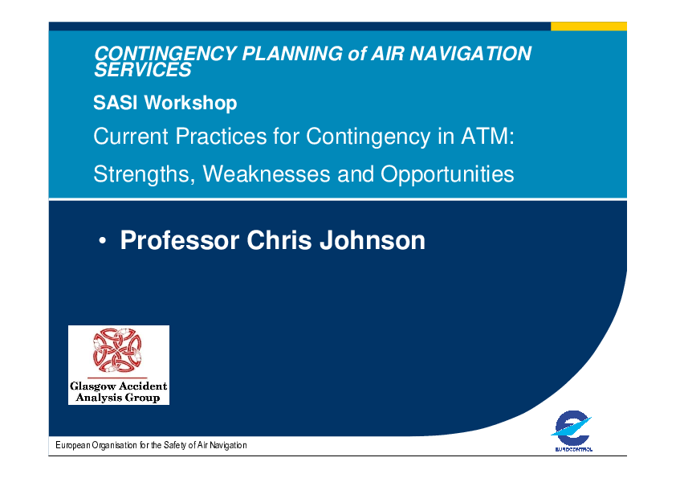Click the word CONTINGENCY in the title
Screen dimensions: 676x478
pyautogui.click(x=165, y=54)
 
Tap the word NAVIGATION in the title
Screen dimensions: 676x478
pyautogui.click(x=470, y=54)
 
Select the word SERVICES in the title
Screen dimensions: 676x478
pyautogui.click(x=143, y=70)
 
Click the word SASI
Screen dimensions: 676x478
pyautogui.click(x=115, y=103)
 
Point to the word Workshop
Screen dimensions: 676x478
pyautogui.click(x=190, y=104)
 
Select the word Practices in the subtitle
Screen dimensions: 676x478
pyautogui.click(x=221, y=137)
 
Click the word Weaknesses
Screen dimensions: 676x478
pyautogui.click(x=267, y=174)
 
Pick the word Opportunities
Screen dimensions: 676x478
pyautogui.click(x=447, y=174)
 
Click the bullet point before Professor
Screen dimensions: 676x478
pyautogui.click(x=102, y=241)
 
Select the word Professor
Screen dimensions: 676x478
pyautogui.click(x=180, y=240)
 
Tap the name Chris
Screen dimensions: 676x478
pyautogui.click(x=279, y=240)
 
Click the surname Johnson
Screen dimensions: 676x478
pyautogui.click(x=373, y=240)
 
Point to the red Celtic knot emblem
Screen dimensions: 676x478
pyautogui.click(x=117, y=350)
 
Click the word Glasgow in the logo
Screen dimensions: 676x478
pyautogui.click(x=92, y=386)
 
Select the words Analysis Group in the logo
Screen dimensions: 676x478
pyautogui.click(x=118, y=398)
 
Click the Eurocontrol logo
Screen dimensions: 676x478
pyautogui.click(x=572, y=430)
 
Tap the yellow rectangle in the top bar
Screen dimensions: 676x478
pyautogui.click(x=589, y=27)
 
